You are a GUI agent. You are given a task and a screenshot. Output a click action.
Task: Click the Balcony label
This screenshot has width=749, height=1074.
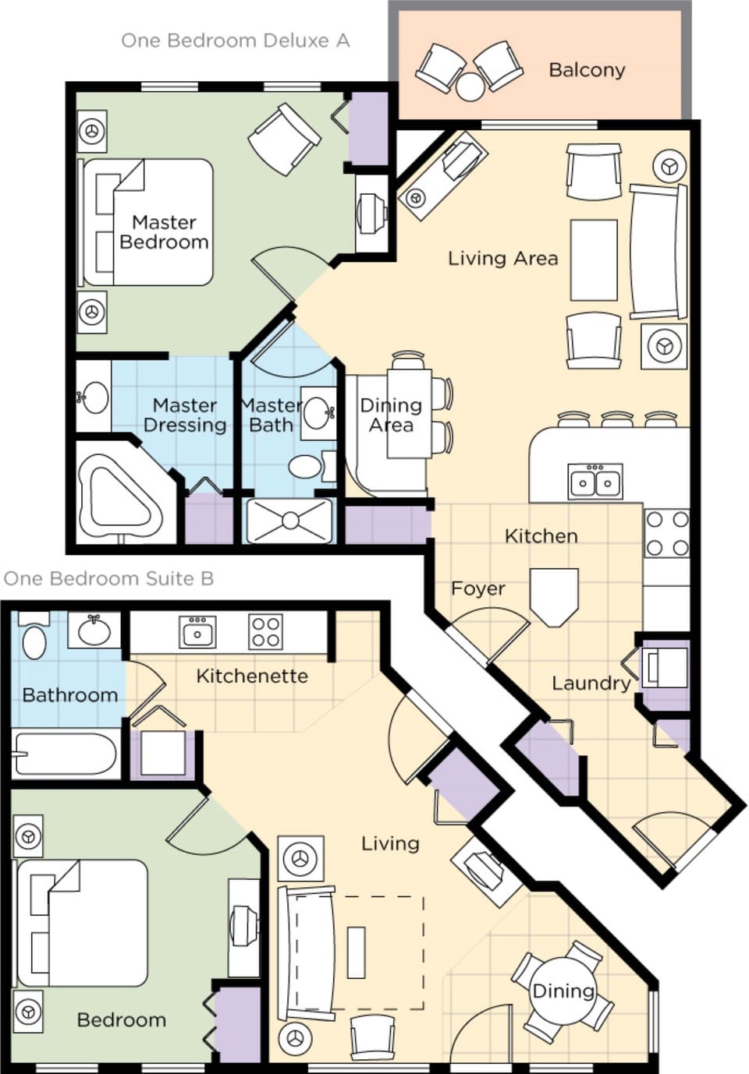[x=587, y=70]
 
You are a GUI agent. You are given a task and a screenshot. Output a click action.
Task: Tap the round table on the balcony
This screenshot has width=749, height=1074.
[x=470, y=87]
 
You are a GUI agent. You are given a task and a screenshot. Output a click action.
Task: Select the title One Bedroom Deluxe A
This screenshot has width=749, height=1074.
[x=235, y=41]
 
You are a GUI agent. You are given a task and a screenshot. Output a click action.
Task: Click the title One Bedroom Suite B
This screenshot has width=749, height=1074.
[x=108, y=578]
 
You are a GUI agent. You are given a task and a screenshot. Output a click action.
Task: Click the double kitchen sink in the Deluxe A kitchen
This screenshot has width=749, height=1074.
[x=595, y=480]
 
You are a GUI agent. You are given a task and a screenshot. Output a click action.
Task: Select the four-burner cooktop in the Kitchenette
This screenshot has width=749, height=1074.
[x=265, y=631]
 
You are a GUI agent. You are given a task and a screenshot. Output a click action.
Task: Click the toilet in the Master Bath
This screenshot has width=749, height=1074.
[x=305, y=467]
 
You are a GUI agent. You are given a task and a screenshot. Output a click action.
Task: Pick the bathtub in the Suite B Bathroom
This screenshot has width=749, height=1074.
[x=66, y=754]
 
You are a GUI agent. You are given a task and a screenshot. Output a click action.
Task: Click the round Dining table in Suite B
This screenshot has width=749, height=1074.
[x=563, y=991]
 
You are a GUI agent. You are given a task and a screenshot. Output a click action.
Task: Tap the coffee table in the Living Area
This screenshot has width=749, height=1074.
[x=594, y=260]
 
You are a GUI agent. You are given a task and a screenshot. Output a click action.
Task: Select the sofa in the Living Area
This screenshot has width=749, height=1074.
[x=658, y=252]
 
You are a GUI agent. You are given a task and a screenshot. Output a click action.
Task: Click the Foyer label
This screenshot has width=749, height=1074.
[x=477, y=588]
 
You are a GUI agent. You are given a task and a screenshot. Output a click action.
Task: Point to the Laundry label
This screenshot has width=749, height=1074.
[x=591, y=684]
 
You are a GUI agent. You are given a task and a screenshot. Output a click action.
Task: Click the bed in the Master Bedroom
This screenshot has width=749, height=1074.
[x=147, y=223]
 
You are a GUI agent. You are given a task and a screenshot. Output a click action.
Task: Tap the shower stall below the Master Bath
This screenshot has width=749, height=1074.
[x=290, y=521]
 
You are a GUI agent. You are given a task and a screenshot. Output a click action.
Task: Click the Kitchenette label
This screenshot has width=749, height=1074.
[x=251, y=676]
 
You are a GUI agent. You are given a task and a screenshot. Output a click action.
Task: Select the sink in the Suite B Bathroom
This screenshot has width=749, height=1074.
[x=94, y=631]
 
